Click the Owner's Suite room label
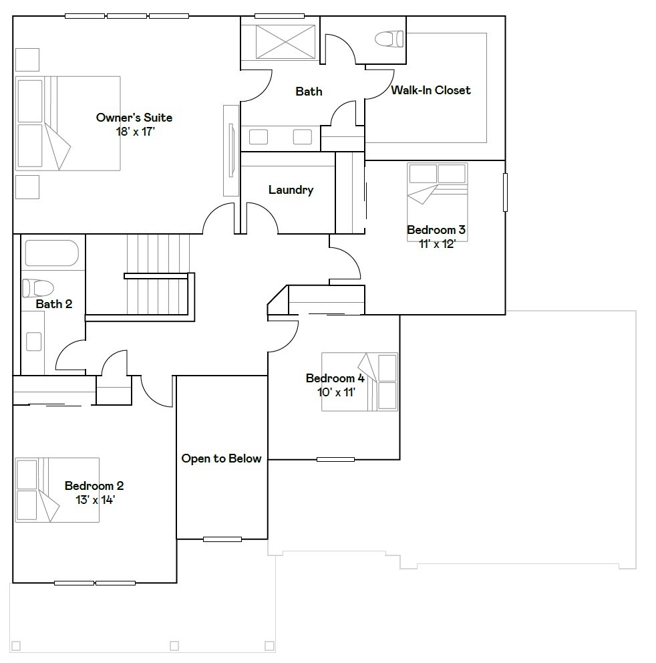[x=134, y=118]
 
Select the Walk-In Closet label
[x=431, y=90]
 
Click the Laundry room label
[x=291, y=190]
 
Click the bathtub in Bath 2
[x=51, y=253]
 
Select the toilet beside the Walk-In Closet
[x=389, y=39]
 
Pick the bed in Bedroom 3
[x=438, y=194]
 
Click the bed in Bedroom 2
[x=57, y=490]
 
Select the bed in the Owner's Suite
[x=67, y=123]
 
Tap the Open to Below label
[x=221, y=458]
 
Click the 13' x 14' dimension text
[x=94, y=499]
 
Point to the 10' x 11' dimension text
[x=336, y=392]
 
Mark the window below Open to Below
[x=222, y=539]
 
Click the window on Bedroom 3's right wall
[x=505, y=192]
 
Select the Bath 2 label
[x=53, y=304]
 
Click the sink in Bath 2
[x=33, y=342]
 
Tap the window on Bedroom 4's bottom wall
[x=335, y=459]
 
